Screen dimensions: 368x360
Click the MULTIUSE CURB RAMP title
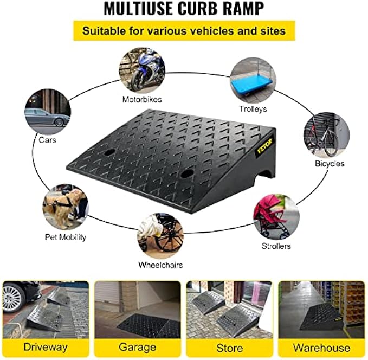184,10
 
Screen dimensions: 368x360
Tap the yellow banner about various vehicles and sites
184,30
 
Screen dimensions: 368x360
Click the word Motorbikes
142,99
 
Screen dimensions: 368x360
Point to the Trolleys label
253,109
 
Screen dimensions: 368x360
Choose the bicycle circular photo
326,134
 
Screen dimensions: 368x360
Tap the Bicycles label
330,163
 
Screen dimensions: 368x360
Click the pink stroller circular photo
275,217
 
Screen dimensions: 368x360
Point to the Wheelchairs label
160,265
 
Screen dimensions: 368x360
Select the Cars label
47,139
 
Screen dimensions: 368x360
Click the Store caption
230,347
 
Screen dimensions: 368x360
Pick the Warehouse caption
322,347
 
